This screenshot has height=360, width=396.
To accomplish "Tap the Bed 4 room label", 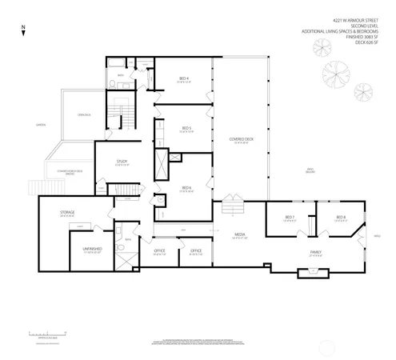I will [183, 79].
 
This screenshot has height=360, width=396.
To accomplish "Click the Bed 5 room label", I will [186, 129].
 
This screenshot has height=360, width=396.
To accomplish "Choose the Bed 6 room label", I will [186, 188].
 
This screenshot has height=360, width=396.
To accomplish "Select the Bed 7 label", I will [290, 218].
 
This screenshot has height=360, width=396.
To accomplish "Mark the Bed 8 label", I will [340, 218].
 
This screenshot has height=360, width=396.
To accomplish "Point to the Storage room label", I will [67, 213].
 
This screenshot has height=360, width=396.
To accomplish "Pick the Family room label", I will [316, 251].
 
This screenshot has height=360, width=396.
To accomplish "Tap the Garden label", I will [40, 125].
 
